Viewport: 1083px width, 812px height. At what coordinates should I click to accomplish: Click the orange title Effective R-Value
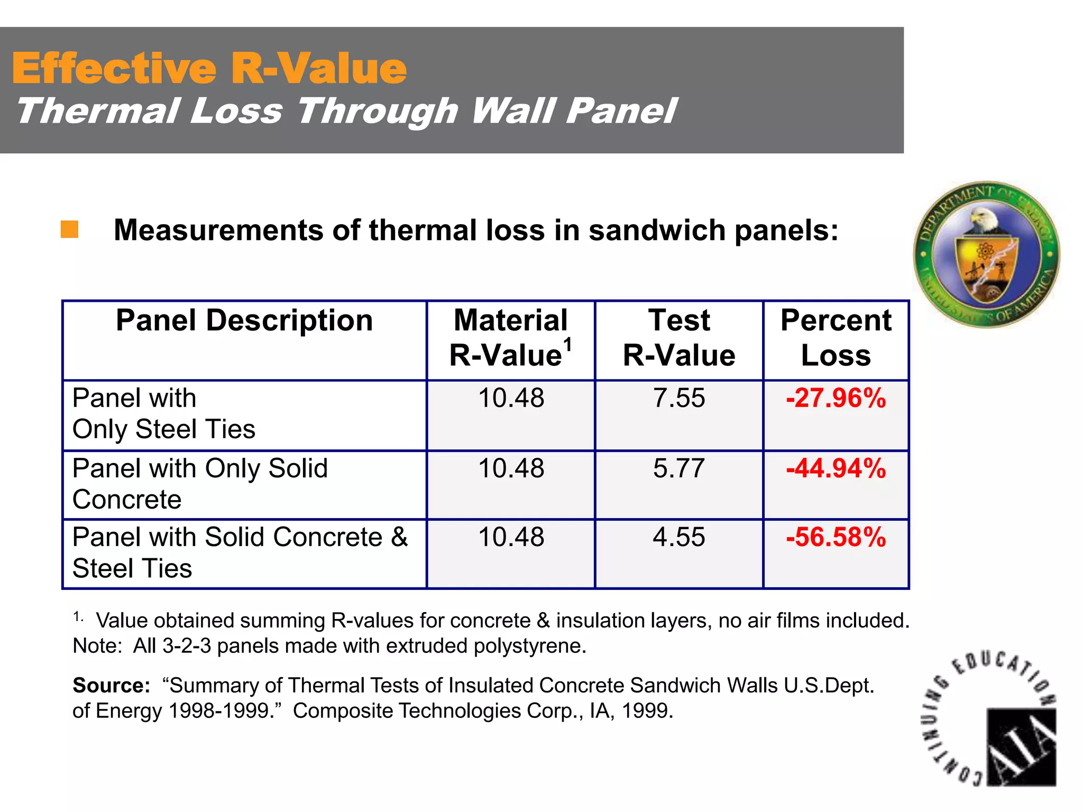point(209,69)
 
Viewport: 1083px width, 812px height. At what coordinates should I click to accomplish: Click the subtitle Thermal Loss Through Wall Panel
point(346,112)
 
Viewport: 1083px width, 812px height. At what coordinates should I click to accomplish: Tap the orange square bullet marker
point(69,229)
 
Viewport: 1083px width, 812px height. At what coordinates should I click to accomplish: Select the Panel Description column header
point(244,320)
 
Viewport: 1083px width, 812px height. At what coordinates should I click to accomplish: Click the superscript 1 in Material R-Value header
point(567,345)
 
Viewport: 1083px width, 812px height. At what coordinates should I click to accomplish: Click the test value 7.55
point(678,398)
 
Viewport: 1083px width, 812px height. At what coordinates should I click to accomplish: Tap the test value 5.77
point(678,468)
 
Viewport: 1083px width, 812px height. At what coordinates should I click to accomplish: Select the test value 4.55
point(678,537)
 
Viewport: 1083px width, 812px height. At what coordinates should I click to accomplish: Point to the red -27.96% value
point(836,398)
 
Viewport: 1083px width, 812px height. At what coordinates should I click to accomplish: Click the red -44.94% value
point(836,468)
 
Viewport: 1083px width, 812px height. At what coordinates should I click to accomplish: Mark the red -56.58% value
point(836,537)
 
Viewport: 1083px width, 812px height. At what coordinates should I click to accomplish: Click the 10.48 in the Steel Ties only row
point(511,398)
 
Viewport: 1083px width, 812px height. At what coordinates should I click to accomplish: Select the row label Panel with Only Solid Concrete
point(200,483)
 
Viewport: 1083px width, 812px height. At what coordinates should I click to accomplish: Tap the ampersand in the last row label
point(399,537)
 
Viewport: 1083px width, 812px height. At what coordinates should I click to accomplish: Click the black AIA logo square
point(1021,746)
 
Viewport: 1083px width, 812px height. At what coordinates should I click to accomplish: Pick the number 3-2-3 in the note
point(183,646)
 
